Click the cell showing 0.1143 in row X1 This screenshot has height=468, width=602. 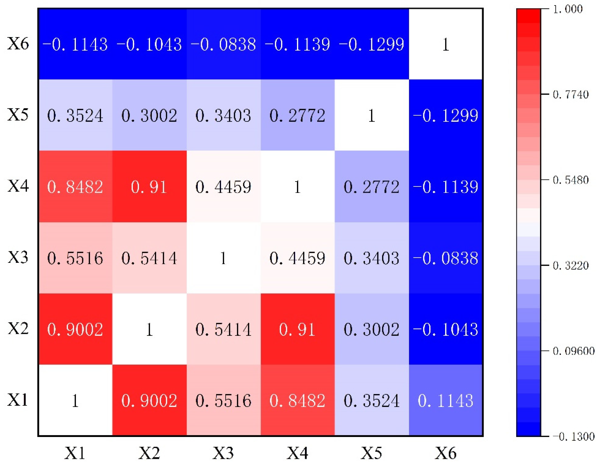coord(446,400)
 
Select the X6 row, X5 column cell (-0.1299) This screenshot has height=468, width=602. coord(372,44)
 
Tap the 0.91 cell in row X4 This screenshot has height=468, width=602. coord(149,187)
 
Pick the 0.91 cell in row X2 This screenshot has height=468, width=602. coord(297,329)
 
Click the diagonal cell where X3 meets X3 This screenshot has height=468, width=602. coord(223,258)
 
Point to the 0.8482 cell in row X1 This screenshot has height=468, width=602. coord(297,400)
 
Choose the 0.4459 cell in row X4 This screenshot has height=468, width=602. coord(223,187)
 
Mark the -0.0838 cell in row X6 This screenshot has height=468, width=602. coord(223,44)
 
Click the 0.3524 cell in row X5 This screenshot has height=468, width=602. coord(75,115)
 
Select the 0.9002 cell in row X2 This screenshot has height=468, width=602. coord(75,329)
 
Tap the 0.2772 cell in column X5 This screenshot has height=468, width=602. coord(372,187)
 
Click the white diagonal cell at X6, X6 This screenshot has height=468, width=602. coord(446,44)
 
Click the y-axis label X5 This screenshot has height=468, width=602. coord(18,115)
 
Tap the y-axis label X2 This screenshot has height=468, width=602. coord(18,328)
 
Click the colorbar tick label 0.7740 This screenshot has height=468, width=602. coord(571,95)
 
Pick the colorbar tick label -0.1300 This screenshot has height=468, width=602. coord(573,436)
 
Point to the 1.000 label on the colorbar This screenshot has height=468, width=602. coord(568,9)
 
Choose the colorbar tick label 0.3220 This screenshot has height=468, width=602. coord(571,265)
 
